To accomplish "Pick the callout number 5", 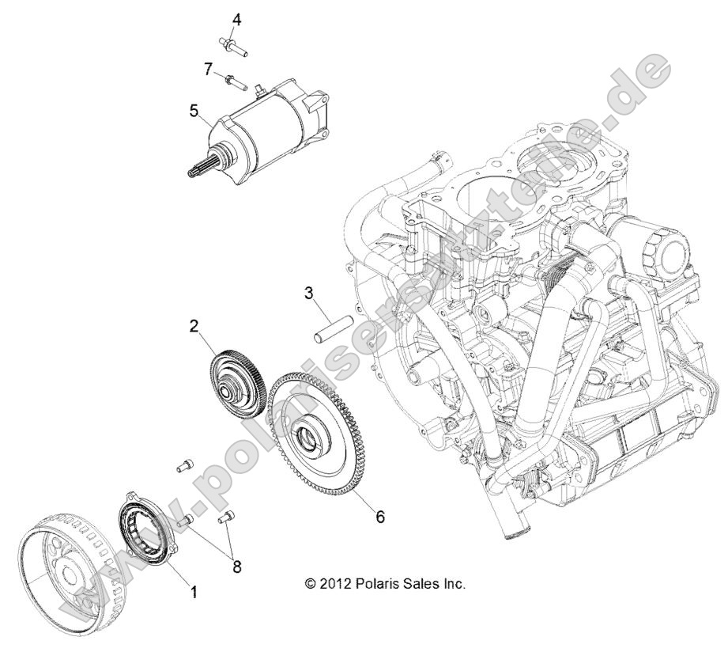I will click(193, 111).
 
